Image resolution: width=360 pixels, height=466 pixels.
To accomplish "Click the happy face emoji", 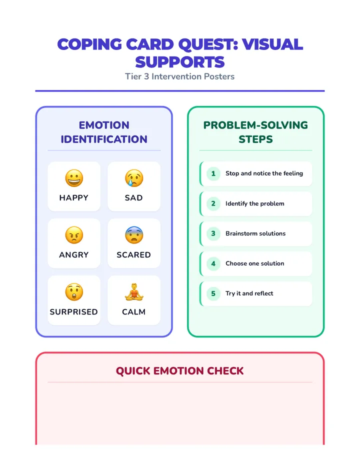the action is (74, 178).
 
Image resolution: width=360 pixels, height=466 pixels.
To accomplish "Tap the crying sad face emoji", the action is (134, 178).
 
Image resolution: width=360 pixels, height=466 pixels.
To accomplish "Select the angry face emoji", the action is (74, 235).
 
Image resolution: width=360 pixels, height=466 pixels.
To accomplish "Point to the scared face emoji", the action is (134, 235).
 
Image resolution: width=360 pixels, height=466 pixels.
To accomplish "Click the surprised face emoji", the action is (74, 292).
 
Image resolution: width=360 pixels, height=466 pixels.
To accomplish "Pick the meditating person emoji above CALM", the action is (134, 292).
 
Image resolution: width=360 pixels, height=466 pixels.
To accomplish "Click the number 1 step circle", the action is (213, 173).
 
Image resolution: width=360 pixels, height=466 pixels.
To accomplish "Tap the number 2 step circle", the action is (213, 203).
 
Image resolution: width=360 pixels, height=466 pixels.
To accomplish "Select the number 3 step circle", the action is (213, 233).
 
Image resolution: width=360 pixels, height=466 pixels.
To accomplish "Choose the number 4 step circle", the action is (213, 263).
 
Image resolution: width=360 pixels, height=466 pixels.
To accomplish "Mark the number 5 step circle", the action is (213, 293).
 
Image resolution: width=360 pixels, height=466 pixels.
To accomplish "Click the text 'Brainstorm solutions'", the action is (255, 233).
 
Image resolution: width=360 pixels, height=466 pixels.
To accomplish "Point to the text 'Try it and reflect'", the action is (249, 293).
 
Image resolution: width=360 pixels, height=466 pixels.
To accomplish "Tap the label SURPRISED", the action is (73, 312).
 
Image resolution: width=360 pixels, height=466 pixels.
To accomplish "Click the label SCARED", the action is (134, 254).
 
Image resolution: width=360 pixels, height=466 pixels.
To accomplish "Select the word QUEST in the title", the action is (208, 45).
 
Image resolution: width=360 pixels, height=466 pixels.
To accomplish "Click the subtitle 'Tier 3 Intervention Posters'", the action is (180, 76).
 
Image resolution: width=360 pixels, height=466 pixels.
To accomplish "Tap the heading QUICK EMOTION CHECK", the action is (180, 371).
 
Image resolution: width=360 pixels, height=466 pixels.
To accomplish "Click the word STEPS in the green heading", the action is (255, 139).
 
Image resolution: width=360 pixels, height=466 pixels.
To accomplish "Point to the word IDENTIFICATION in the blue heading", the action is (104, 139).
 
